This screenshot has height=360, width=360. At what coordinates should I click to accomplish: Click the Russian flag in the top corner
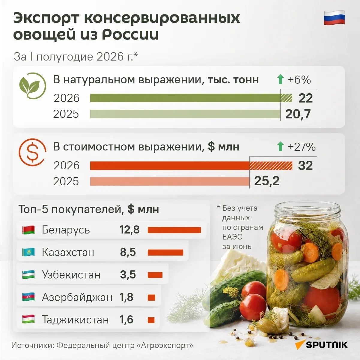[335, 18]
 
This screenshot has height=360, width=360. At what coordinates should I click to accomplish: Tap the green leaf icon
[32, 86]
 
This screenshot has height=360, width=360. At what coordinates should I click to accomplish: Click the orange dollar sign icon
[32, 152]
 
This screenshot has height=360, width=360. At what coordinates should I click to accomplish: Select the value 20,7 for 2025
[298, 114]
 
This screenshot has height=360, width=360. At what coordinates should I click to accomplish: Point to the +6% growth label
[299, 80]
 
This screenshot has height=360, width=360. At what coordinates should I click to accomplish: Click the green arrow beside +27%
[280, 147]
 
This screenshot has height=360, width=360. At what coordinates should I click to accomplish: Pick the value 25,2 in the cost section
[267, 181]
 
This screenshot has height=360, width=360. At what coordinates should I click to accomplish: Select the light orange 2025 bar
[170, 181]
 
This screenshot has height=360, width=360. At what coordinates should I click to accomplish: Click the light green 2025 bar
[185, 114]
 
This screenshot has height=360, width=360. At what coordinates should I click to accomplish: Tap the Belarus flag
[28, 230]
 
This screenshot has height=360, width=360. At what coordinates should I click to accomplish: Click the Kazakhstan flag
[28, 252]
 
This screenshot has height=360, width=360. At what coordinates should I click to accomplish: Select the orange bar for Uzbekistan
[155, 275]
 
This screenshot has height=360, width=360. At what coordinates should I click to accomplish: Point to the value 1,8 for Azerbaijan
[126, 297]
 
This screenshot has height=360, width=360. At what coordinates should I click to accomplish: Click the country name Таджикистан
[75, 320]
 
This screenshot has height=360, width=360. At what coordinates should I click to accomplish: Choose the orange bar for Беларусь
[174, 230]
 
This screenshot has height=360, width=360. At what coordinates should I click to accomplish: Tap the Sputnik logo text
[327, 345]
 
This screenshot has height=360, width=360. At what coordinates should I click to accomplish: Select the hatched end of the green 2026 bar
[286, 98]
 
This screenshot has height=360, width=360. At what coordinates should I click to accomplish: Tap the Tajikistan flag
[28, 319]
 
